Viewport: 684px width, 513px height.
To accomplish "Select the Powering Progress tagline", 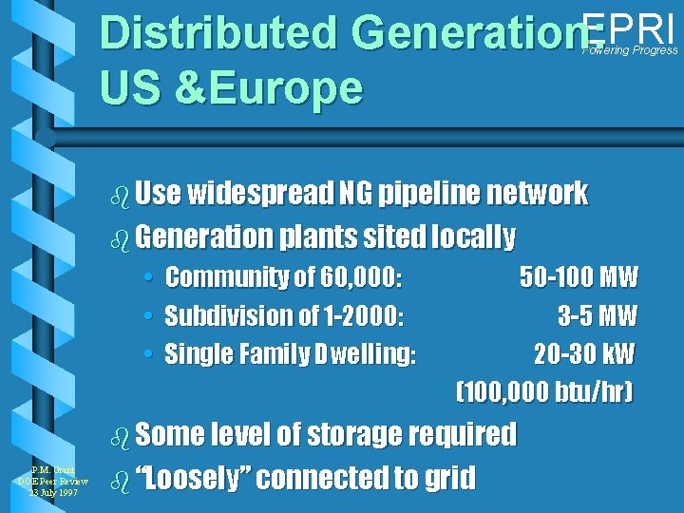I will [x=630, y=50].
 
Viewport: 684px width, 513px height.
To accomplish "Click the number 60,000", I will [x=360, y=277].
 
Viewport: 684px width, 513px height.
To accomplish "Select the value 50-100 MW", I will [x=579, y=277].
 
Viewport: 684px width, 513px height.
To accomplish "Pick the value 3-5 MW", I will [x=597, y=315].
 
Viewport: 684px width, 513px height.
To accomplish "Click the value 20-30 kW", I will [x=583, y=353].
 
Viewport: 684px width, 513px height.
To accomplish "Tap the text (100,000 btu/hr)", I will [x=544, y=391].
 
